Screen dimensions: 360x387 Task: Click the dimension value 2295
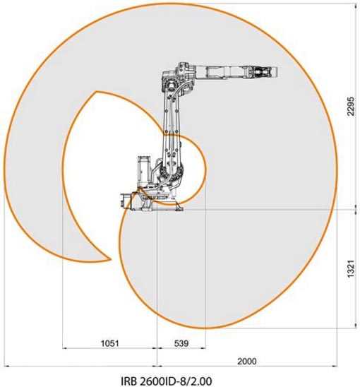point(351,106)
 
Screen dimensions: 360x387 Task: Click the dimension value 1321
point(351,268)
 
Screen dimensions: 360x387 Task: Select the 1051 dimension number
point(110,343)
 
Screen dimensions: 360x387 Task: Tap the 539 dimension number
point(181,343)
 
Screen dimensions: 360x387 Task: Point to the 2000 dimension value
point(247,362)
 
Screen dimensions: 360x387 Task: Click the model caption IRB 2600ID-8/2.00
point(166,381)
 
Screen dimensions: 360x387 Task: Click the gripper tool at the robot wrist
point(262,72)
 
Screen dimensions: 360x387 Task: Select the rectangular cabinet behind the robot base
point(144,171)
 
